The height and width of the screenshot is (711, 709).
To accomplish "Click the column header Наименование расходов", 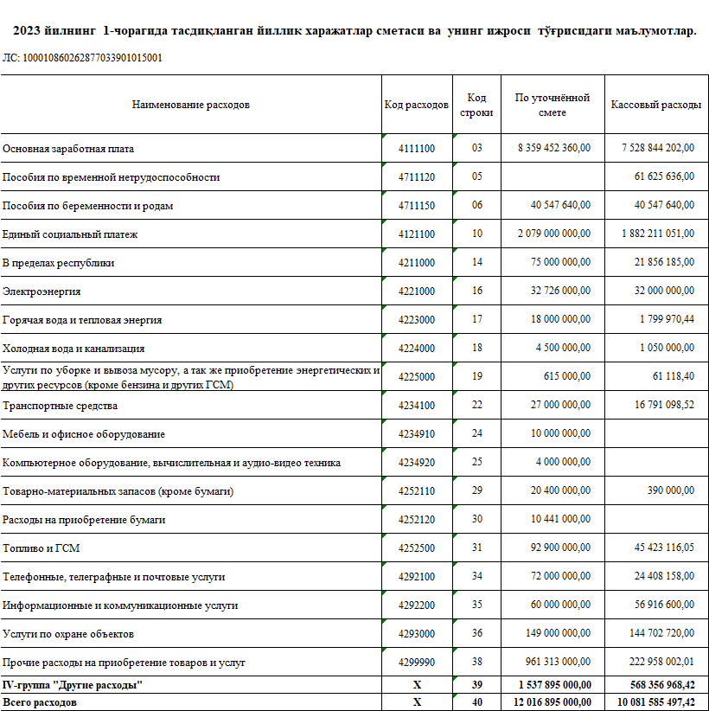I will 190,105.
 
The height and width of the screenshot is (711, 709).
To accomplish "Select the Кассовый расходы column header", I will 655,105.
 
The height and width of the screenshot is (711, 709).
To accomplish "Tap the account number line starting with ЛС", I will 82,58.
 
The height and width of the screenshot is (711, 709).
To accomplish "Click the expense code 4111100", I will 416,148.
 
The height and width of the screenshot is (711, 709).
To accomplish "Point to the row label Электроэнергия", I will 42,291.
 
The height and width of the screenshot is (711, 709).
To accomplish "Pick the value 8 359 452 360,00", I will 554,148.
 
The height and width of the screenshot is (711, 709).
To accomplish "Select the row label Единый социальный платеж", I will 70,234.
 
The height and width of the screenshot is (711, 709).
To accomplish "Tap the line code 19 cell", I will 476,377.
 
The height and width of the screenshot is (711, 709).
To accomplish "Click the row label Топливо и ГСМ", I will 42,548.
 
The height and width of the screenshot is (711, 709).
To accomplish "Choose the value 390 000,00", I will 671,491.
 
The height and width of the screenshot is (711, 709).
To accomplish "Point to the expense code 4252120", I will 416,520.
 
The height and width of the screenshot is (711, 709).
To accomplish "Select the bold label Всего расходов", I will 40,702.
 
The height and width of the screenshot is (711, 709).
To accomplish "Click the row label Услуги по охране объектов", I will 68,634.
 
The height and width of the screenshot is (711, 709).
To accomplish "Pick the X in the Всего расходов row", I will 416,702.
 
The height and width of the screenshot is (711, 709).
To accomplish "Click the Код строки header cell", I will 476,105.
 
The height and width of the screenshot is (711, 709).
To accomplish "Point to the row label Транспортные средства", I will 60,406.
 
